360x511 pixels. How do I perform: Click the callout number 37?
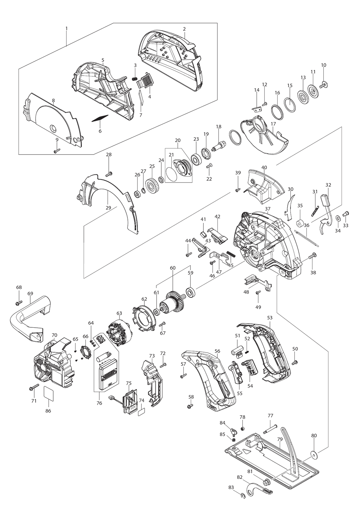tap(267, 209)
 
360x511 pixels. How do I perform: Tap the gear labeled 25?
tap(153, 186)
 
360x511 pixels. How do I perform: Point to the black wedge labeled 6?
tap(100, 119)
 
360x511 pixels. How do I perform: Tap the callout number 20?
tap(177, 140)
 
